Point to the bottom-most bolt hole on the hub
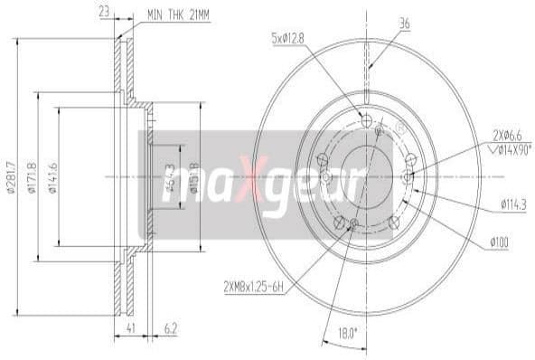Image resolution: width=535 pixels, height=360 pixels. point(353,223)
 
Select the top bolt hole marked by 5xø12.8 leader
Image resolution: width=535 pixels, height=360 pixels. point(366,121)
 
